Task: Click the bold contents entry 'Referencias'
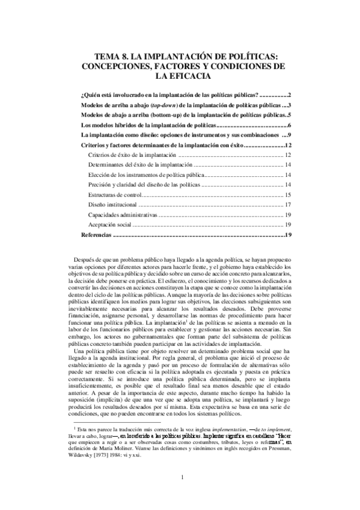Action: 96,234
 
